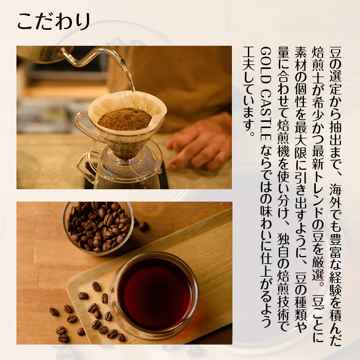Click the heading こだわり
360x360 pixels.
click(53, 21)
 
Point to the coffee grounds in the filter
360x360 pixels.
click(124, 119)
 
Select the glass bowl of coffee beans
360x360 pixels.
click(98, 228)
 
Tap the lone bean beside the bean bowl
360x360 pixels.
click(143, 227)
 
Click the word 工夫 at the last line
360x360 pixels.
click(249, 59)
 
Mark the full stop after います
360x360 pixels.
click(252, 134)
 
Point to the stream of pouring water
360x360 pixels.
click(130, 76)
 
